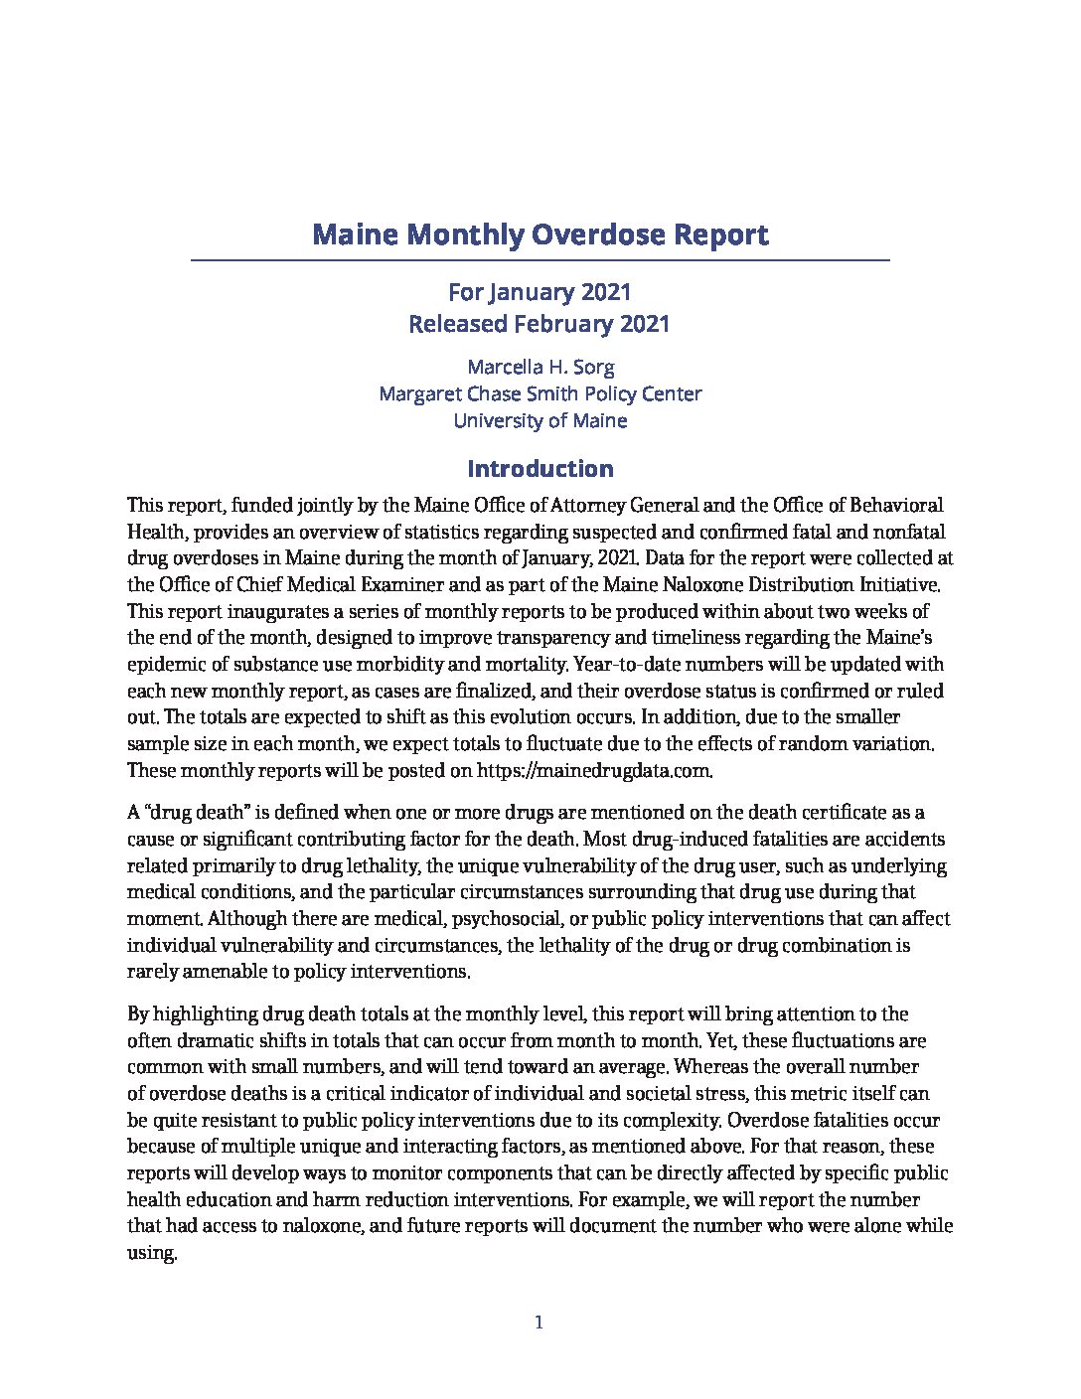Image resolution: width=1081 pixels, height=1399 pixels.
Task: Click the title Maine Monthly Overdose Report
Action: pyautogui.click(x=540, y=235)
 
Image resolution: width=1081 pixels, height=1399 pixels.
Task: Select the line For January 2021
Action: pyautogui.click(x=540, y=292)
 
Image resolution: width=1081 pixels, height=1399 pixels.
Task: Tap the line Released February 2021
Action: pyautogui.click(x=540, y=324)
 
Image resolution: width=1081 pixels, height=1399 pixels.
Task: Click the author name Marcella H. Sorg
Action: pyautogui.click(x=540, y=367)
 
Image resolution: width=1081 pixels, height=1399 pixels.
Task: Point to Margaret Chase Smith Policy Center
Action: pyautogui.click(x=540, y=393)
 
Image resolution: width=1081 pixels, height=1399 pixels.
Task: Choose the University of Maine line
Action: pyautogui.click(x=540, y=420)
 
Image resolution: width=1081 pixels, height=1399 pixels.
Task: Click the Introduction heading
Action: pyautogui.click(x=540, y=469)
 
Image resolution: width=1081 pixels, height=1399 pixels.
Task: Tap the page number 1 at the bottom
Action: pyautogui.click(x=539, y=1322)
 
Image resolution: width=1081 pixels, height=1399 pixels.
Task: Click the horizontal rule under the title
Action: pyautogui.click(x=540, y=260)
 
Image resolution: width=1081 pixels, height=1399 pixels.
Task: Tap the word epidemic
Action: pyautogui.click(x=165, y=664)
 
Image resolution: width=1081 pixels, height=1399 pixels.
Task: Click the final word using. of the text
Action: pyautogui.click(x=152, y=1254)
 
